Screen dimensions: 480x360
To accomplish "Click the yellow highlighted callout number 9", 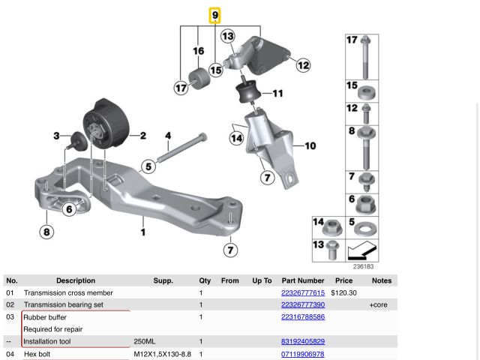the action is point(215,15).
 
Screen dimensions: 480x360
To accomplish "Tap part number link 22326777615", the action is point(303,293).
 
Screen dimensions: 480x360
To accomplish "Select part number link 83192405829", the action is point(303,341).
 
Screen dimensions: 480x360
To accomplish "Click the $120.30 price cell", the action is point(343,293).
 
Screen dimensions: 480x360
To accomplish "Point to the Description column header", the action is point(76,280).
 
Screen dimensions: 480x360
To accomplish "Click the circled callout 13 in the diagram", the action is point(228,36).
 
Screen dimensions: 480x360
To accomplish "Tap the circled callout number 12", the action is point(303,65).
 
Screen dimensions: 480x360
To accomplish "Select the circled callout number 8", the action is point(46,232).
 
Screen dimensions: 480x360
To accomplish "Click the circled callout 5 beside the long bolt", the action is point(148,166).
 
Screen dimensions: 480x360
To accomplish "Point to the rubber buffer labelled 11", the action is point(248,91).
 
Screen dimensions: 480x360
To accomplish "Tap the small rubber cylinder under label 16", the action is point(199,79).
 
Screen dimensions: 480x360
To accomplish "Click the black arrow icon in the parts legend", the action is point(361,250).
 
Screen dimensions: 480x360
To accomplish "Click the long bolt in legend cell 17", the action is point(365,57).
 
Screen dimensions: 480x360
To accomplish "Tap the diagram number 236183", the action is point(363,267).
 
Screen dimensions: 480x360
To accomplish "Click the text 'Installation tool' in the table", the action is point(47,341).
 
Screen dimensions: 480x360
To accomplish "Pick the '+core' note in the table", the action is point(378,305).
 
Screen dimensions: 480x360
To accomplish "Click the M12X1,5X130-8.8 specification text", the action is point(162,354).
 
